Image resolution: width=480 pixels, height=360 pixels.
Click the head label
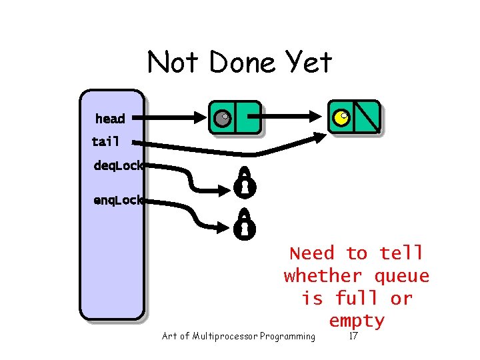coord(110,119)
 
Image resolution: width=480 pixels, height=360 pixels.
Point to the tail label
coord(105,141)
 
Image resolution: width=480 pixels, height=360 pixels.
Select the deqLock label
coord(118,166)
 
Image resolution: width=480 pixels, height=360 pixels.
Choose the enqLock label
coord(118,199)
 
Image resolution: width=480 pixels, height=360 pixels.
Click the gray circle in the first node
coord(222,119)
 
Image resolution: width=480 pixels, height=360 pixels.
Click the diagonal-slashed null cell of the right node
coord(367,117)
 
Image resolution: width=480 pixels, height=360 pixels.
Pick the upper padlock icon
coord(244,182)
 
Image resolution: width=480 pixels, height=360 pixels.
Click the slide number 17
coord(353,336)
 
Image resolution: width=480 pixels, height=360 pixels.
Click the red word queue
coord(402,275)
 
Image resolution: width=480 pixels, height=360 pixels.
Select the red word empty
coord(357,321)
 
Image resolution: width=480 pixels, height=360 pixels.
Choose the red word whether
coord(323,275)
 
